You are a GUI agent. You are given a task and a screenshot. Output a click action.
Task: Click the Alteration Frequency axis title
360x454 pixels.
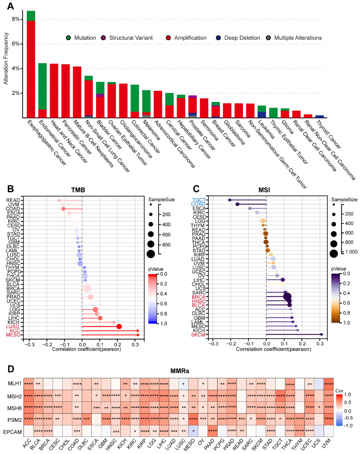[x=6, y=62]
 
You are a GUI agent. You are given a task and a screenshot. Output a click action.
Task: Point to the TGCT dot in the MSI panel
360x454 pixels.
[x=230, y=200]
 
